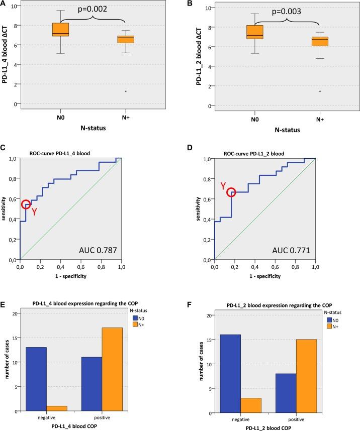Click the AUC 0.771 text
291,250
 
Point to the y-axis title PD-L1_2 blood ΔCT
187,55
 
